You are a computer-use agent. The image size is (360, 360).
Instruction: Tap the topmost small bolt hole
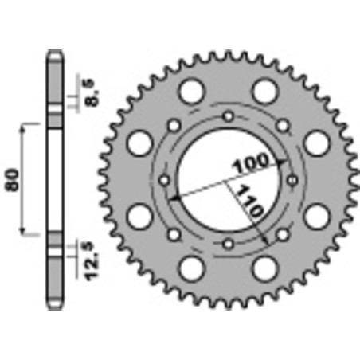pos(229,117)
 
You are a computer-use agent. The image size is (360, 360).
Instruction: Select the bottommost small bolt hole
pos(229,244)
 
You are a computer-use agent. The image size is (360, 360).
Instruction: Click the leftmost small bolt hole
pos(165,181)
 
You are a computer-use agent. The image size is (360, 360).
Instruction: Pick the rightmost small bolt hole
pos(292,181)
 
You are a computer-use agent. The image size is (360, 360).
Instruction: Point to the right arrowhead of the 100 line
pos(286,158)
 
